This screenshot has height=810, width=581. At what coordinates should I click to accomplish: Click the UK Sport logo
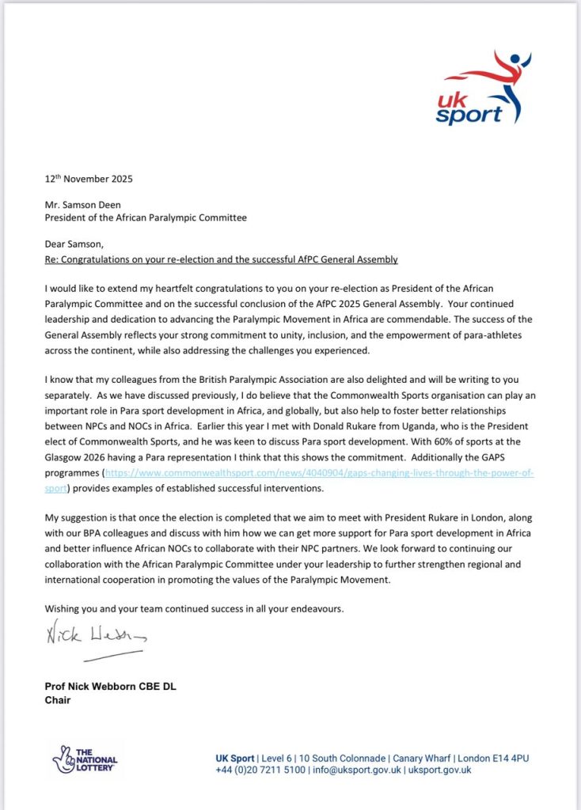click(x=478, y=89)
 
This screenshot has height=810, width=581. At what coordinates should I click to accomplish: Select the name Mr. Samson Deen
click(x=83, y=203)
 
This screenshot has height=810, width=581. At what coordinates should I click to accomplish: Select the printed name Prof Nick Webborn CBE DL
click(x=111, y=687)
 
